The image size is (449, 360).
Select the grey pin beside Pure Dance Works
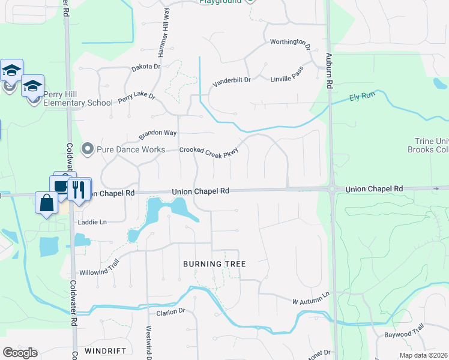pos(87,149)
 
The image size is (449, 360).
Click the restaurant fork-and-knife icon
pos(79,190)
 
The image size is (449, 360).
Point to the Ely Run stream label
pos(363,97)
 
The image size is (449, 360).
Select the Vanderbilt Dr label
pos(231,80)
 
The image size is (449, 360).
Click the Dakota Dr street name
pos(146,67)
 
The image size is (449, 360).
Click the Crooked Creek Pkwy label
pos(209,152)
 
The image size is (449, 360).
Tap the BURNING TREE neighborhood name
pos(214,264)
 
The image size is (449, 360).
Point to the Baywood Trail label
pos(403,330)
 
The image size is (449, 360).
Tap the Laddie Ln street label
pos(92,222)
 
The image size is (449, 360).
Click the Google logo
pos(20,353)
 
